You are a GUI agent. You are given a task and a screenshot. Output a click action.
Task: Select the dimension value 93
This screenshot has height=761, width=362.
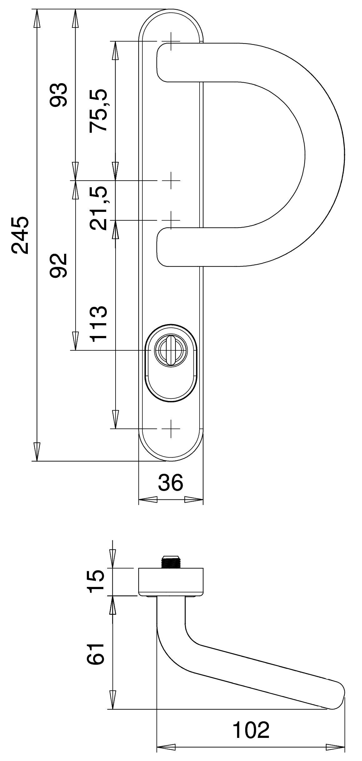(58, 95)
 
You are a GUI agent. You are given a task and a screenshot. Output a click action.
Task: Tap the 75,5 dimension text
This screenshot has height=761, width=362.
(98, 111)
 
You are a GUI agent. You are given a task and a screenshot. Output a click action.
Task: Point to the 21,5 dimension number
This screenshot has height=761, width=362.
(98, 208)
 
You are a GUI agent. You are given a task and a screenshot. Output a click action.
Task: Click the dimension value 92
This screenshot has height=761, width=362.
(58, 265)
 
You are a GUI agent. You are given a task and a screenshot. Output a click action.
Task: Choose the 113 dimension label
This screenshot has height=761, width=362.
(98, 323)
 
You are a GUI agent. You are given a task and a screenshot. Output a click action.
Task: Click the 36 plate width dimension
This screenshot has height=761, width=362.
(170, 482)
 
